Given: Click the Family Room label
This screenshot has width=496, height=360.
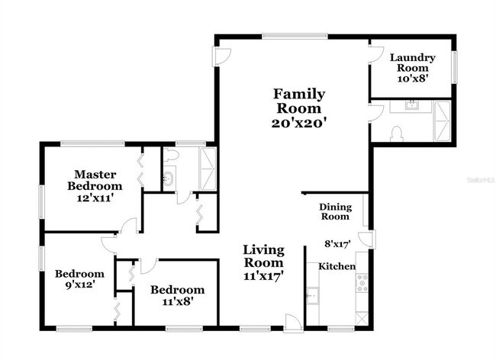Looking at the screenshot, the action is point(299,101).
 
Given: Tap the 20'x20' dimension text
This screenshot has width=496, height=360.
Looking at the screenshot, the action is point(299,123).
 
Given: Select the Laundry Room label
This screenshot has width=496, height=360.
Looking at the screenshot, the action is point(413,63).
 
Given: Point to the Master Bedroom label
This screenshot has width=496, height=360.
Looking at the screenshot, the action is point(95,180).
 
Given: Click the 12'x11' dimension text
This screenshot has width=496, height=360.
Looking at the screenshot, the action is point(95,198).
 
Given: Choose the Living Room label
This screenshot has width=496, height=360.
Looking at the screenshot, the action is point(263,256).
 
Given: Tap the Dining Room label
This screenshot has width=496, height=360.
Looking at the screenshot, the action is point(335,212).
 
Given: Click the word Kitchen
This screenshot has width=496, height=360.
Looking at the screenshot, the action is point(337,266).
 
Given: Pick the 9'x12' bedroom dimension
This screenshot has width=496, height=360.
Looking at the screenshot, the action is point(80,284).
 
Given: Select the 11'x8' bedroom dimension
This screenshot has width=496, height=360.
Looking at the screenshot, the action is point(178,301).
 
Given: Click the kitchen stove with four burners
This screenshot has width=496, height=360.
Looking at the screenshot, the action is point(362,283).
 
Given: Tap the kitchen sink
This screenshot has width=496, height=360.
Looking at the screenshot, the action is point(313,296).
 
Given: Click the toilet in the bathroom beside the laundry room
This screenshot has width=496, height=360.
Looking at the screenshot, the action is point(397,134).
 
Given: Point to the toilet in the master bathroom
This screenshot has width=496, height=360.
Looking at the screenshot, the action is point(171,155).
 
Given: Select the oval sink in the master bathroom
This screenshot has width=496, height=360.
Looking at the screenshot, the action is point(168,179).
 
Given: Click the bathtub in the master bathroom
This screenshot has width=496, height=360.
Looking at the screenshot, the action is point(208,169).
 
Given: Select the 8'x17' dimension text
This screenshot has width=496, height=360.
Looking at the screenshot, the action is point(338,244).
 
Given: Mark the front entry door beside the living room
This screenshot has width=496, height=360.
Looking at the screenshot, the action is point(294,323).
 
